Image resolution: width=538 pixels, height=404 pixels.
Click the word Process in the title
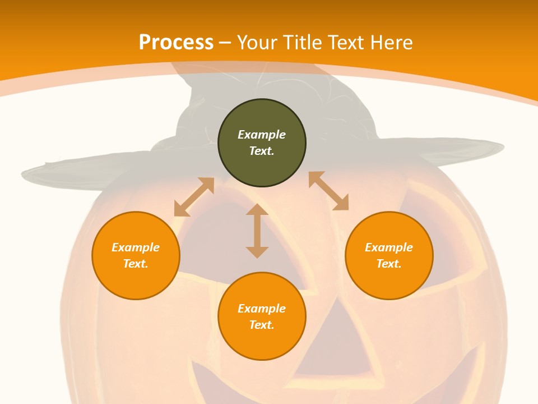[x=176, y=43]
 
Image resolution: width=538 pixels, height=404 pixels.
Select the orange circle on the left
[x=136, y=281]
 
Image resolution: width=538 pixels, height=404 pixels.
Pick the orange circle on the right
[x=389, y=281]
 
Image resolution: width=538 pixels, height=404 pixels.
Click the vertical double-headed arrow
[x=257, y=231]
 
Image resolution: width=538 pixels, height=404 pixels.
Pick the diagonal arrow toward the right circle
[x=328, y=191]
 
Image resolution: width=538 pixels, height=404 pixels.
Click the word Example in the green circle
[x=262, y=135]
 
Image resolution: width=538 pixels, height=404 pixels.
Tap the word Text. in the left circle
[x=136, y=264]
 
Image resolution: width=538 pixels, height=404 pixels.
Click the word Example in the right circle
[x=389, y=247]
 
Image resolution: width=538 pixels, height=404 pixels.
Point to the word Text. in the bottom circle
[x=262, y=325]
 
